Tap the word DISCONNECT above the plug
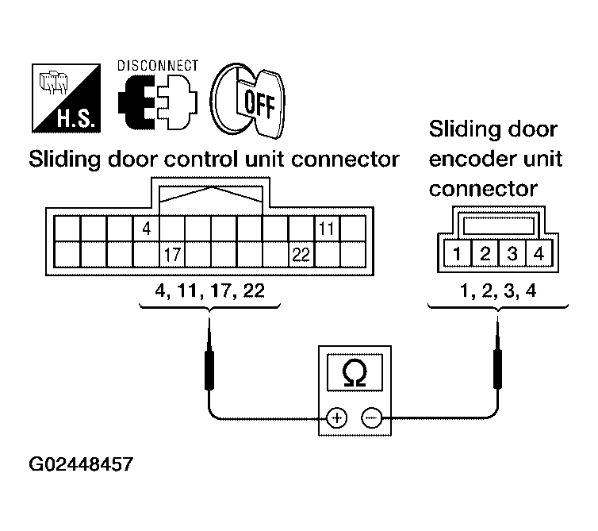(x=158, y=66)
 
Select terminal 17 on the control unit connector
(x=172, y=255)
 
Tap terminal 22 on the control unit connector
(x=300, y=255)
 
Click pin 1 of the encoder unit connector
(x=458, y=255)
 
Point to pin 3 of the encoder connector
(x=512, y=255)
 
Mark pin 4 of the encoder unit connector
(x=539, y=255)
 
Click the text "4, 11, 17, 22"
(x=211, y=291)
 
